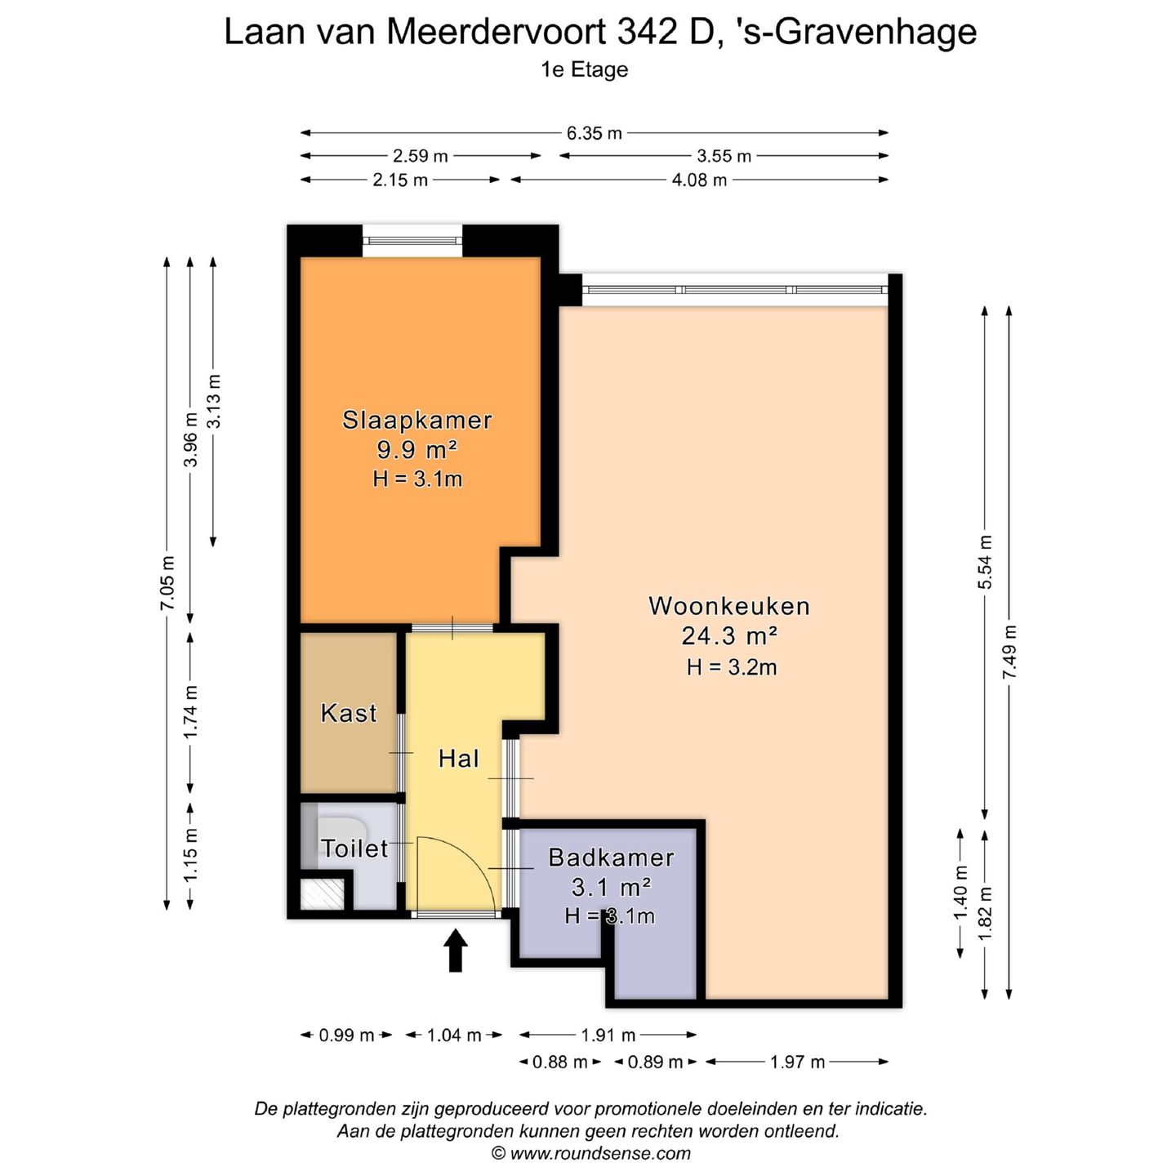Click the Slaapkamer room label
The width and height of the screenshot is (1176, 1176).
(x=416, y=420)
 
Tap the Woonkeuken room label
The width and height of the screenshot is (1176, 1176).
(x=728, y=606)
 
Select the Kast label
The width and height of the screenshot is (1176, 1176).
(x=349, y=713)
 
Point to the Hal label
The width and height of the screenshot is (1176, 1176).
(x=458, y=759)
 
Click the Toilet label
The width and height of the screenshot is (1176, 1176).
(x=354, y=849)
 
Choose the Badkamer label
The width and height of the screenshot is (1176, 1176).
(x=611, y=857)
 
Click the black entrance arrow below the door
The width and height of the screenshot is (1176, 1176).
(x=456, y=951)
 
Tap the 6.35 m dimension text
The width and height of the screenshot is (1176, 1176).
(x=594, y=133)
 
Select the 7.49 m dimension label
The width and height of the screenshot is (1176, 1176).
(x=1009, y=651)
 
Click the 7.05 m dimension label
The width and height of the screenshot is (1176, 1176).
(x=167, y=582)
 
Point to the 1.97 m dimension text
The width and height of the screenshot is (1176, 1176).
(x=797, y=1062)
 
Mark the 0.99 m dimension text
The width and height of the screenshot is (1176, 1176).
(x=346, y=1036)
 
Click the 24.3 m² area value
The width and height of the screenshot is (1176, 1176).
(x=728, y=635)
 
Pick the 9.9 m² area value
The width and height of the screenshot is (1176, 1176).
(x=416, y=449)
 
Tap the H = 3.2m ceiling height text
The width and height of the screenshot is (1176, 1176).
(x=731, y=667)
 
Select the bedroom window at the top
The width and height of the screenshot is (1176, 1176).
(x=412, y=240)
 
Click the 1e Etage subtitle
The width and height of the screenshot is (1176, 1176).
(x=584, y=69)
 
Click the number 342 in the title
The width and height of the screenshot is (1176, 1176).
(x=646, y=33)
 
